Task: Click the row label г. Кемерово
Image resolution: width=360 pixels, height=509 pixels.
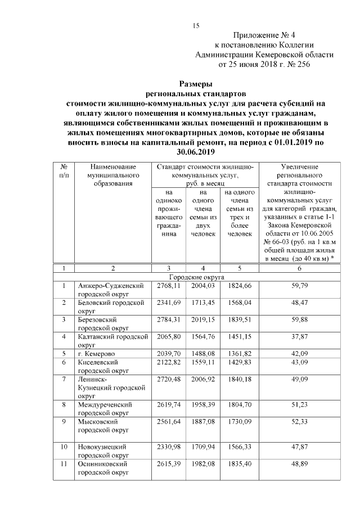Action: pos(97,354)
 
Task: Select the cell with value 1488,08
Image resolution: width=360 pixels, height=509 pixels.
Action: pos(204,354)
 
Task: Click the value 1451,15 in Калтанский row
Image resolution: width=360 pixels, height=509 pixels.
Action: pos(239,337)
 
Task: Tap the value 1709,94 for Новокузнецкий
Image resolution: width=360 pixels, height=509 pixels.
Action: pos(204,447)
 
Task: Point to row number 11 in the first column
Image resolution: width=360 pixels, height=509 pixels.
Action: pos(64,464)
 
